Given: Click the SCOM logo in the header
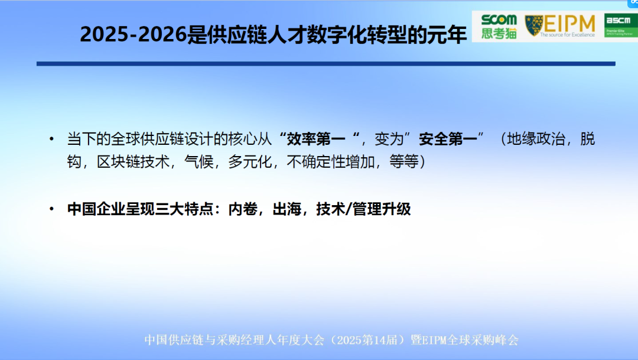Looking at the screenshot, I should pyautogui.click(x=498, y=20).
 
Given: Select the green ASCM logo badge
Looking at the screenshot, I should pyautogui.click(x=619, y=26).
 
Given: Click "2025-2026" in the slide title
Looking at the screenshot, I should pyautogui.click(x=133, y=35).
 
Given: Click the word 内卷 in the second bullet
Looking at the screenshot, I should pyautogui.click(x=242, y=209).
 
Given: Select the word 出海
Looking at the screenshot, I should pyautogui.click(x=285, y=209).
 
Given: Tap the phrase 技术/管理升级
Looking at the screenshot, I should pyautogui.click(x=363, y=209).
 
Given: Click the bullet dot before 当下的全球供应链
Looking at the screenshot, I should pyautogui.click(x=53, y=140).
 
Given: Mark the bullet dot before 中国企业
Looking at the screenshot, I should pyautogui.click(x=53, y=210).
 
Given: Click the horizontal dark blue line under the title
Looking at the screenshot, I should pyautogui.click(x=325, y=63).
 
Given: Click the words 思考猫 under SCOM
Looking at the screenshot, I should pyautogui.click(x=499, y=34).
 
